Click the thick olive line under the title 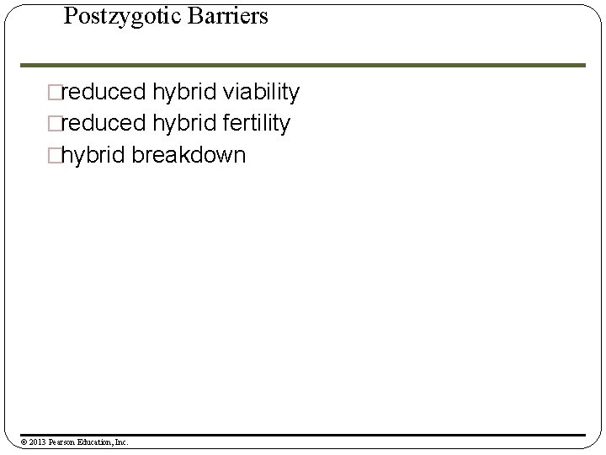coord(303,65)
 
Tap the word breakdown coord(189,156)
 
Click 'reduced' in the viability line coord(102,92)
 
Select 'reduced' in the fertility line coord(102,124)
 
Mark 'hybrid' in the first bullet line coord(184,92)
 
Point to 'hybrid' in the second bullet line coord(184,124)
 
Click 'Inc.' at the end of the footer coord(120,442)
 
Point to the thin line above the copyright coord(303,435)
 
